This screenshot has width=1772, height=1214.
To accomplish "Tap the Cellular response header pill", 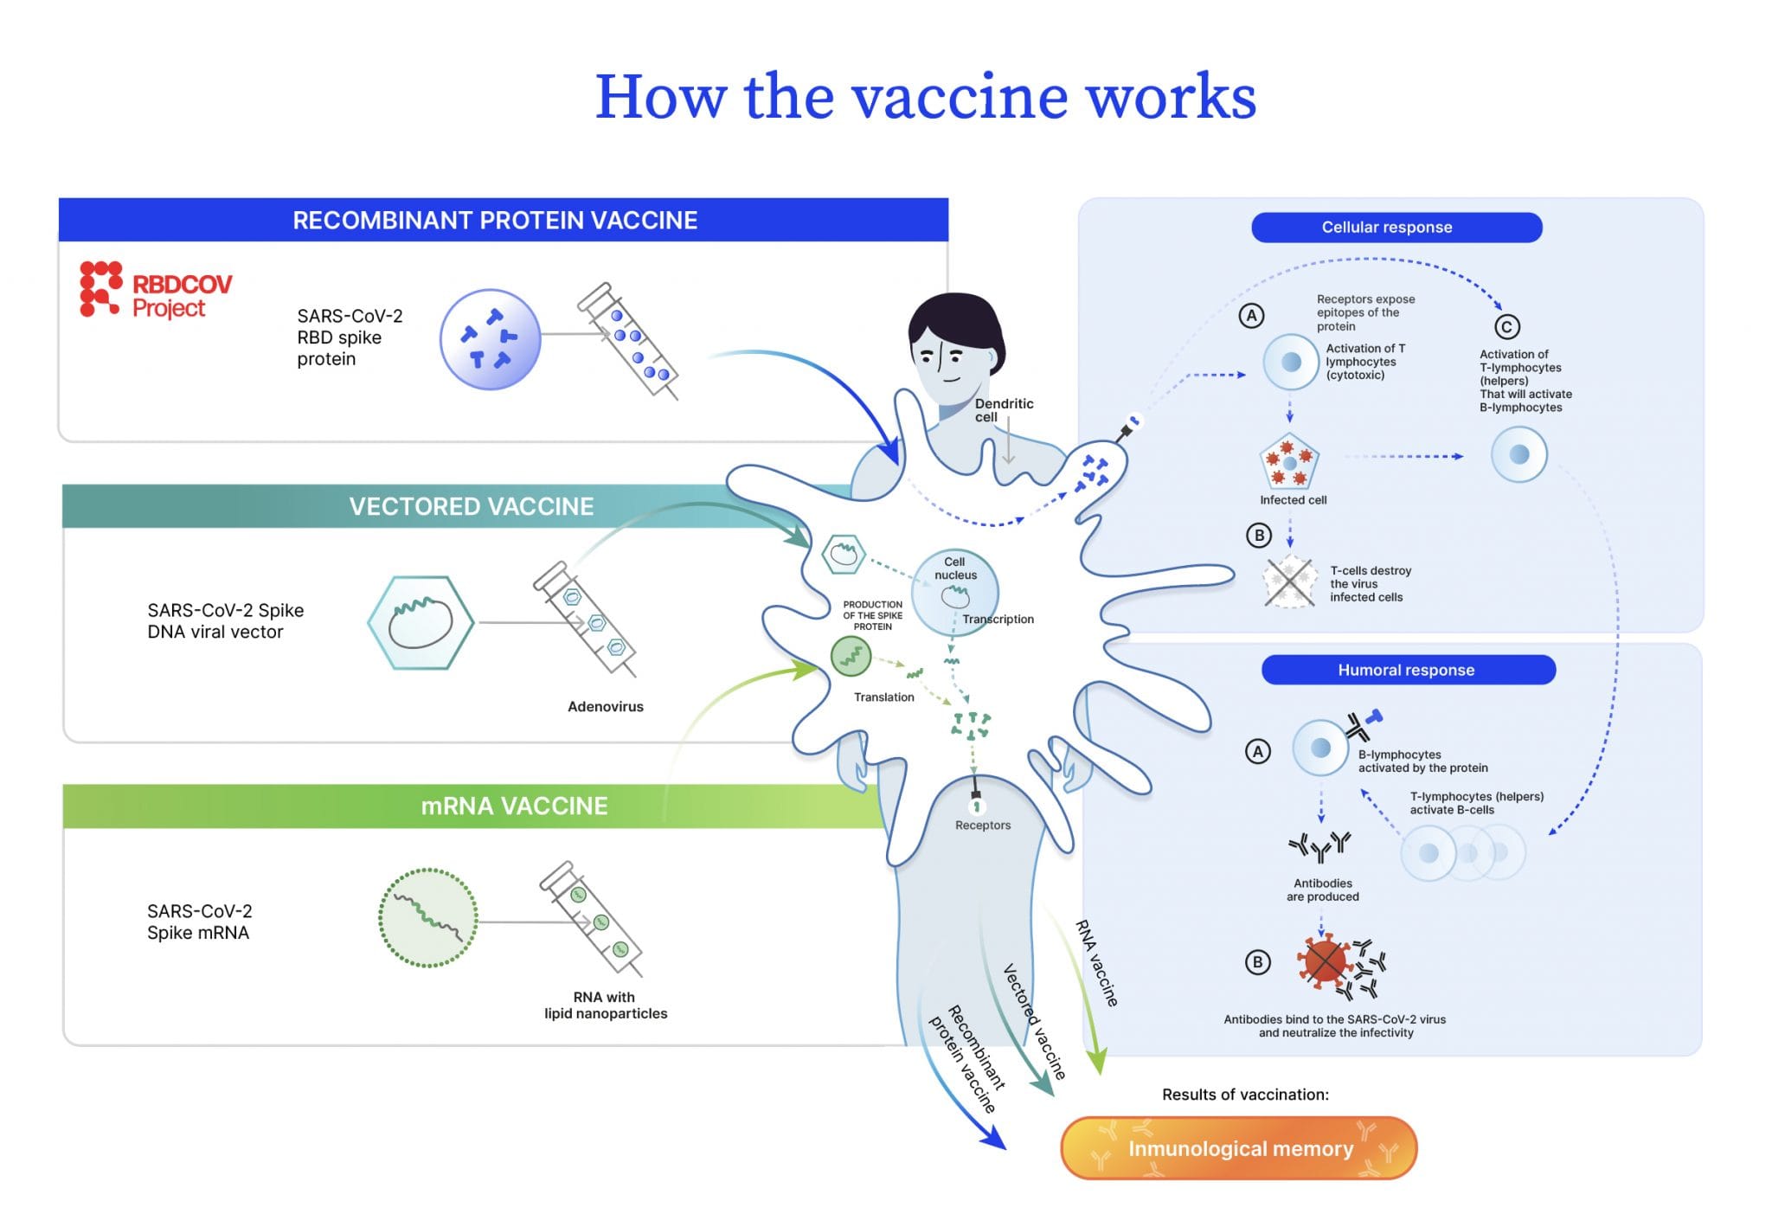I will (x=1396, y=228).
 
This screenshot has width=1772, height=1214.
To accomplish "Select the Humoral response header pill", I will (x=1408, y=670).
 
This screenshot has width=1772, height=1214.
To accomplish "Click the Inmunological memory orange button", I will (x=1238, y=1148).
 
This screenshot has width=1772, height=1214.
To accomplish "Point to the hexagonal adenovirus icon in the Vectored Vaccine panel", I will (x=421, y=623).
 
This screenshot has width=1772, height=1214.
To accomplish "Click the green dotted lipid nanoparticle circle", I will (x=427, y=918).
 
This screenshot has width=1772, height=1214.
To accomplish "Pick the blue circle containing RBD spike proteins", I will (x=490, y=339).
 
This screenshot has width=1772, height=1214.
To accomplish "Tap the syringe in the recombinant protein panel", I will (x=628, y=341).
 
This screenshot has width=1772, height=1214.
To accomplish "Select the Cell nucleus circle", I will (x=955, y=592).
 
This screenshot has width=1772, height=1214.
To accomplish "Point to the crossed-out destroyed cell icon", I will (x=1289, y=582).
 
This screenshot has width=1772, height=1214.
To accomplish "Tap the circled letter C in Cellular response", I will (x=1506, y=327).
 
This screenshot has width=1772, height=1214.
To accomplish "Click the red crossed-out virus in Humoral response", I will (x=1324, y=961).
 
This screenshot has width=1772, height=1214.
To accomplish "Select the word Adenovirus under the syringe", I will (x=605, y=707).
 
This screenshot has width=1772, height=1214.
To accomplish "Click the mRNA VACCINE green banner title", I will (x=514, y=806).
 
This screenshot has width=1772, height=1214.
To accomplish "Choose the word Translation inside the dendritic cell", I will (x=883, y=697).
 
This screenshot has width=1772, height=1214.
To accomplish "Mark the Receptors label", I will (x=982, y=825).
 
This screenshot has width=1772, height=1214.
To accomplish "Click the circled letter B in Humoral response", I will (x=1257, y=962).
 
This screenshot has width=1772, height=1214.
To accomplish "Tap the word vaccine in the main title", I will (x=960, y=97).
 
